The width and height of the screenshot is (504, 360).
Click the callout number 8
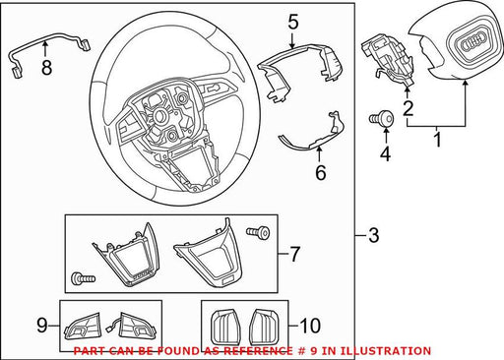tap(46, 68)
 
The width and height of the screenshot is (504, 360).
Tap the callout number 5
tap(293, 23)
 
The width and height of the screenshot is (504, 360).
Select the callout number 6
tap(321, 172)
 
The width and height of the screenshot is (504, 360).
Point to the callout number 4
tap(385, 154)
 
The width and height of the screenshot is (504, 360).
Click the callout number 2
tap(408, 109)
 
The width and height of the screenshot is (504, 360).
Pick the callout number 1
tap(438, 139)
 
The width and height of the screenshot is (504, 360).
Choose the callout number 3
tap(374, 235)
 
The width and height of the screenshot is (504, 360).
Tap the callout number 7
tap(294, 254)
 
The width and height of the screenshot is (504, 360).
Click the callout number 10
tap(310, 326)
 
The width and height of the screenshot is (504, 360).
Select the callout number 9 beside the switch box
tap(41, 326)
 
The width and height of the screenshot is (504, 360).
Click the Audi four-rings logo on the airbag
tap(472, 42)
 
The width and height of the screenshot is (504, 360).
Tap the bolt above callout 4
tap(382, 118)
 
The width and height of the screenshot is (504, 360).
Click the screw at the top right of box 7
tap(258, 232)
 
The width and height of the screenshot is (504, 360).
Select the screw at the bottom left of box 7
tap(83, 279)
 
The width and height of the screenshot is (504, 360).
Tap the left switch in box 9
tap(82, 327)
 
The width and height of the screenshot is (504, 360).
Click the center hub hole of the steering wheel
tap(160, 116)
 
